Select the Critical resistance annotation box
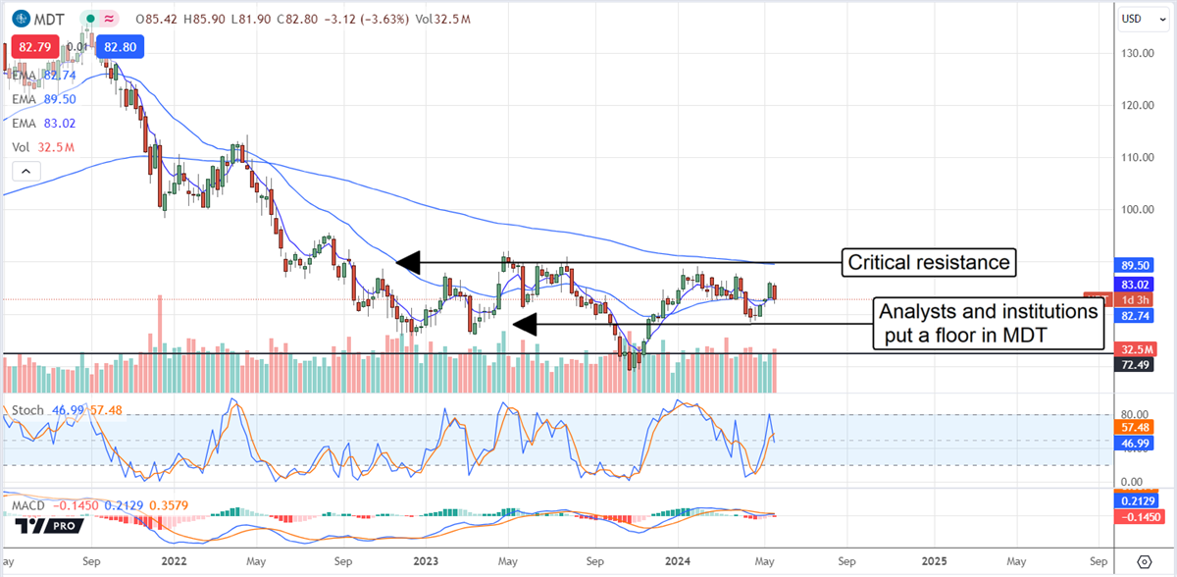[x=928, y=262]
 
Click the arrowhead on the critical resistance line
[x=407, y=262]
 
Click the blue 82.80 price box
[x=116, y=46]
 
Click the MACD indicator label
[x=29, y=505]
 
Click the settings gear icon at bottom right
[x=1144, y=562]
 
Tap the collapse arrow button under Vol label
[x=26, y=171]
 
